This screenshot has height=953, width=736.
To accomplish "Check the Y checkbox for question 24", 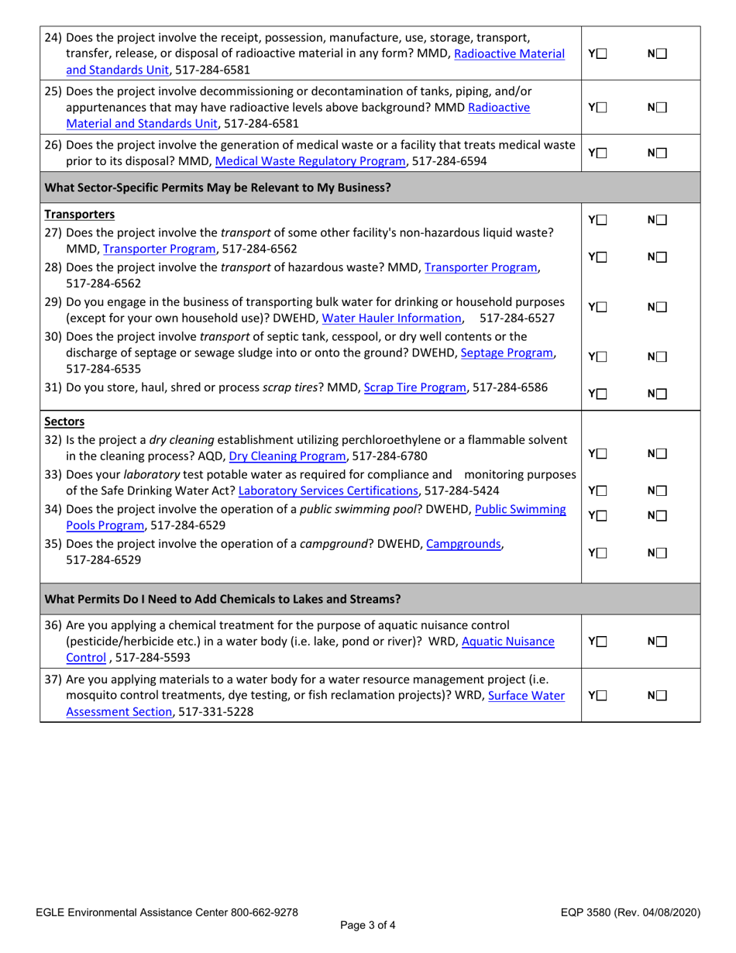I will pos(602,53).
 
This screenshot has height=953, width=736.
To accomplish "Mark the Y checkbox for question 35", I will pos(602,553).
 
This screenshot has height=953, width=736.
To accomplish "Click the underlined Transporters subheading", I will pos(80,214).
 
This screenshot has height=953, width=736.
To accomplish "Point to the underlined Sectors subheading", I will pos(65,422).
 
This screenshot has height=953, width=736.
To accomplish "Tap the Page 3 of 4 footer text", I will pos(368,925).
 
